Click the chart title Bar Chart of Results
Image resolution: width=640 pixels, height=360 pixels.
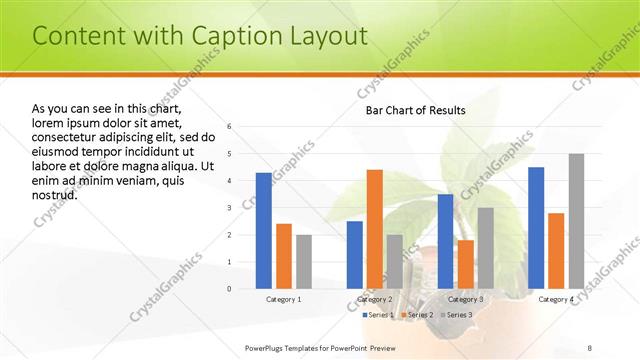tap(414, 110)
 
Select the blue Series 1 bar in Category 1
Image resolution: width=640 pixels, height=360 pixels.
tap(263, 230)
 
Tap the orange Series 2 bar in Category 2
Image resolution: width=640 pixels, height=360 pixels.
tap(374, 229)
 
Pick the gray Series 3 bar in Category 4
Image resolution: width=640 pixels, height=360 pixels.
tap(576, 221)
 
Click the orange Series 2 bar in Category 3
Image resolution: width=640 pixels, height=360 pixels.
tap(465, 264)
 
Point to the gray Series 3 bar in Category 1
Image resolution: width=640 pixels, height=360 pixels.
tap(303, 261)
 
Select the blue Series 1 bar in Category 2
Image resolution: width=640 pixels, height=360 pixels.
tap(354, 254)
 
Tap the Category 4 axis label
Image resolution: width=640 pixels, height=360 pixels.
tap(556, 299)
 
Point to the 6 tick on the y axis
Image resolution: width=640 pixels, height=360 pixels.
tap(229, 127)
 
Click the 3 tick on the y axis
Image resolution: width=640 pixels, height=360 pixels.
tap(229, 208)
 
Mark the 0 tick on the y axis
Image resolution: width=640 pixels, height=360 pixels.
tap(229, 289)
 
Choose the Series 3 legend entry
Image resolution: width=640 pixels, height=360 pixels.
tap(456, 315)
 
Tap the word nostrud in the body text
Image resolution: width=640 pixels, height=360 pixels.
tap(55, 194)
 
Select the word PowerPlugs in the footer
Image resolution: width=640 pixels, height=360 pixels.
tap(267, 346)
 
